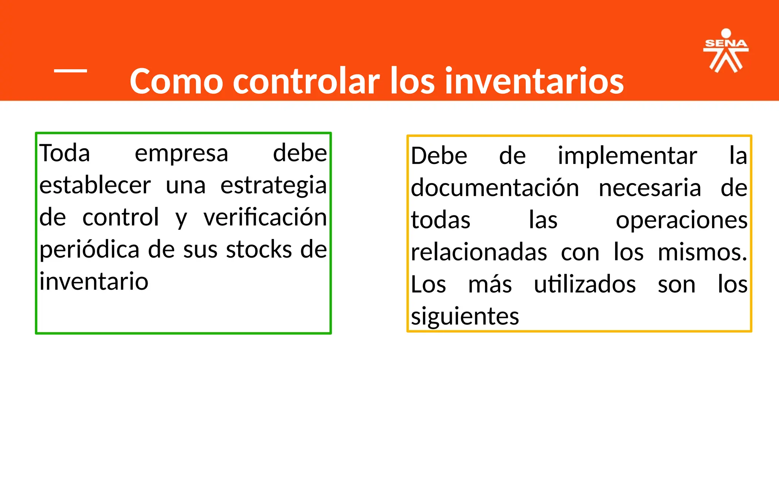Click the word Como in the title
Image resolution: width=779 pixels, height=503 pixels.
176,81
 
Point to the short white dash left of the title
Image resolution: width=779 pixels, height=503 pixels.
71,70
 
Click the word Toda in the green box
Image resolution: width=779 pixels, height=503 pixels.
65,153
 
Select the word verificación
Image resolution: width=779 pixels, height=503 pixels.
265,217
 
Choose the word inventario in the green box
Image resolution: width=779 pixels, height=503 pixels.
94,282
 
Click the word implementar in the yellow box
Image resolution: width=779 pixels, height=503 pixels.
627,156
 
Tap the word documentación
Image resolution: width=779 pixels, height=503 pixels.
495,188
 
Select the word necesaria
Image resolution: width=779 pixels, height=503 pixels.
650,188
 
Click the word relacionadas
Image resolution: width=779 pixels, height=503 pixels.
479,252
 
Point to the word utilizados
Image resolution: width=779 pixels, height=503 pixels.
585,284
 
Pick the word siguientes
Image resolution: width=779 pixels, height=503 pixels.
465,317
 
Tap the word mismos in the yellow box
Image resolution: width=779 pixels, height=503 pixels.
702,252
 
